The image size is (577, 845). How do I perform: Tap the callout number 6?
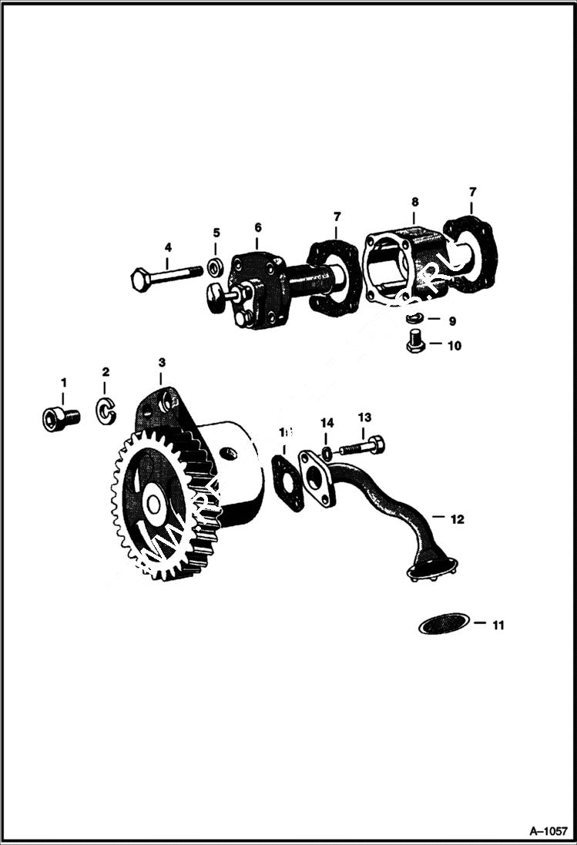258,227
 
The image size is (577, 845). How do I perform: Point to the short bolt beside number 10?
414,340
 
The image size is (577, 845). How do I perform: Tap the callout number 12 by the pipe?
457,520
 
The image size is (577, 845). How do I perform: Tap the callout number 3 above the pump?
161,361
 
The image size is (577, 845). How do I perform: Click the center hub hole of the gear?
153,505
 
